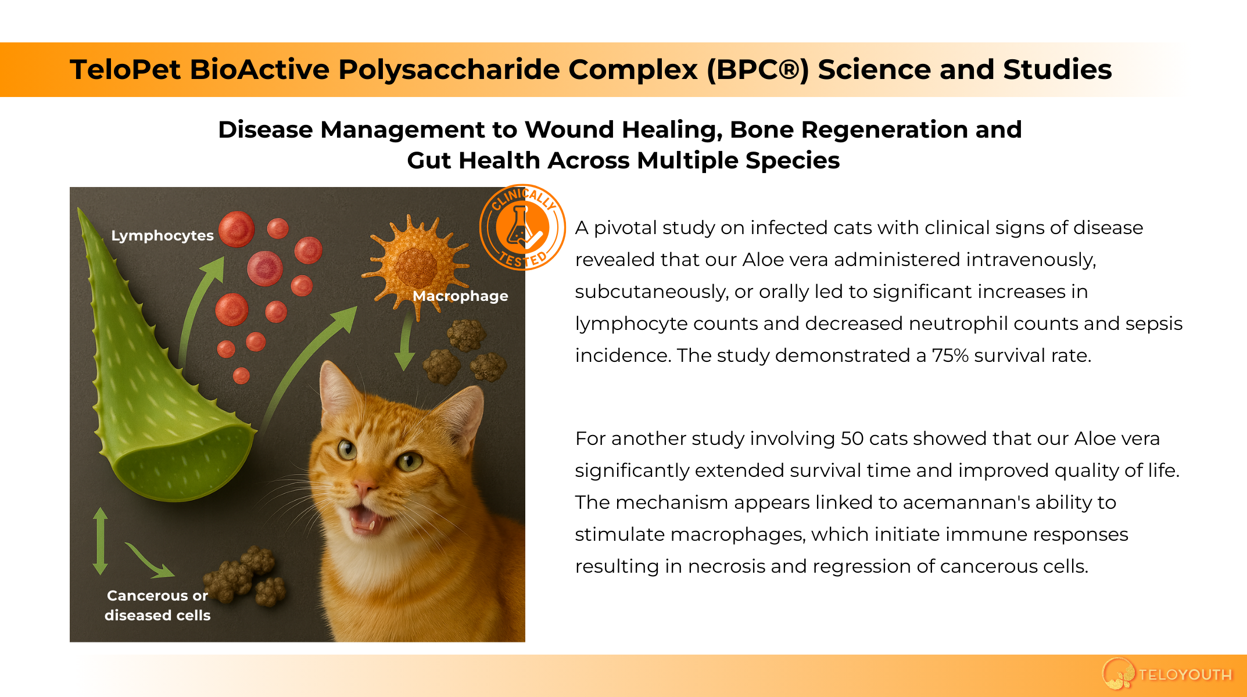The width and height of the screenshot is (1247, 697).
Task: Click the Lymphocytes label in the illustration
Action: click(162, 236)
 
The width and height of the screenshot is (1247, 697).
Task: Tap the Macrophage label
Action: click(460, 296)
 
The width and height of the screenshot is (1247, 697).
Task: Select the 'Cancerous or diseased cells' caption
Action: click(157, 605)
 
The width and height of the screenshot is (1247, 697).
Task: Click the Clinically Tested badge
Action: click(522, 228)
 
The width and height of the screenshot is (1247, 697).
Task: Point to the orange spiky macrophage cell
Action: click(415, 264)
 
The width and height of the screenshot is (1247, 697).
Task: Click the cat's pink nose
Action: click(364, 487)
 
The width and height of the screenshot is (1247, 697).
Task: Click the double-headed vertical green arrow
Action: click(101, 541)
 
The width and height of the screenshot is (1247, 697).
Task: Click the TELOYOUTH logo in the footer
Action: click(1167, 674)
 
